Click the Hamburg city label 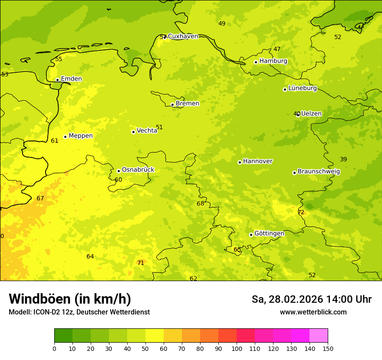[273, 61]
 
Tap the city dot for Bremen [172, 105]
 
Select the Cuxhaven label [183, 36]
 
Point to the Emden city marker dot [57, 80]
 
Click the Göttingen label [269, 234]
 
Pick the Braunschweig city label [319, 172]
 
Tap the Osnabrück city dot [119, 171]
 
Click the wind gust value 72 [301, 213]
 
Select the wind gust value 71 [141, 263]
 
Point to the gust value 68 [200, 204]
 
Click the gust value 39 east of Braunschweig [343, 160]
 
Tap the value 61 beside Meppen [54, 141]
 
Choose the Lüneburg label [303, 88]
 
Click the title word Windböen [39, 299]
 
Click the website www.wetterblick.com [313, 312]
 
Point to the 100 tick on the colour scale [237, 348]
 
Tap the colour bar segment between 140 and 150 [319, 336]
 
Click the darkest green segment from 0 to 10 [63, 336]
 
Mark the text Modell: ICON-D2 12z [41, 312]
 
